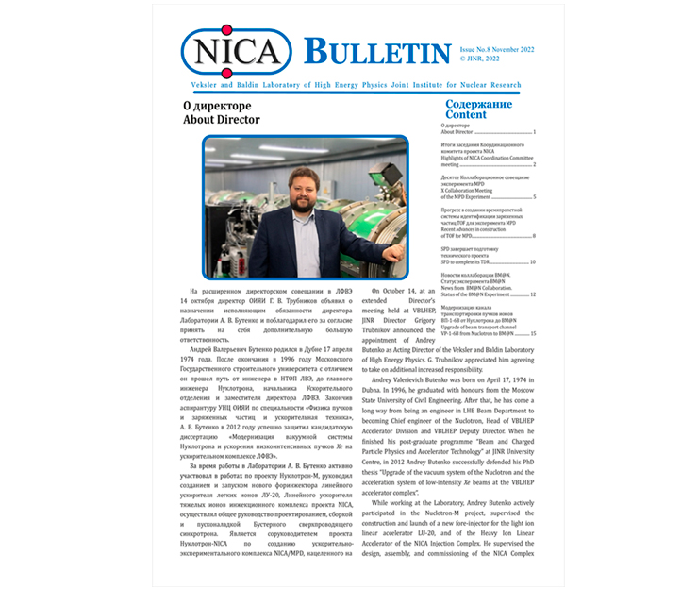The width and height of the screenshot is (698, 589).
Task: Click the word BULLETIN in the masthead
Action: click(x=376, y=51)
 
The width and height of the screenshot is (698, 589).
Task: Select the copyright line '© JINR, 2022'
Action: click(x=481, y=57)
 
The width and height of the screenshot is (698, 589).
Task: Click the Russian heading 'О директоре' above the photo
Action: click(x=216, y=106)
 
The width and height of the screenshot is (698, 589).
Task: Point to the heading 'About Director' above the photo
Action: click(x=222, y=120)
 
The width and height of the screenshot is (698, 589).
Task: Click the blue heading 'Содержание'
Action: click(x=478, y=104)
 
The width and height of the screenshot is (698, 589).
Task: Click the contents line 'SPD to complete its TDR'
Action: click(x=472, y=261)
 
